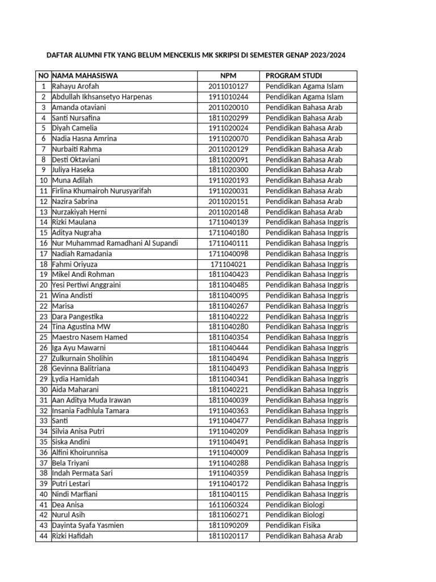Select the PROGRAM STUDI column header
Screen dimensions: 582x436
tap(294, 76)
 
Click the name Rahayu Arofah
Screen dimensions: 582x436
tap(76, 86)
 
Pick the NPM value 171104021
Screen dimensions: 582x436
tap(228, 264)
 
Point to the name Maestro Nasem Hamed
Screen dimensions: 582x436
tap(90, 337)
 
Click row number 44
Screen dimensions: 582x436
tap(43, 536)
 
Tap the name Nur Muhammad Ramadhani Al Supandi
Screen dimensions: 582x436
tap(115, 243)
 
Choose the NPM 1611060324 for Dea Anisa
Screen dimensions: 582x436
tap(228, 504)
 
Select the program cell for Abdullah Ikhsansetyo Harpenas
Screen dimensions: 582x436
tap(304, 97)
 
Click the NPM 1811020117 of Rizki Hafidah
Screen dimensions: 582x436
tap(228, 536)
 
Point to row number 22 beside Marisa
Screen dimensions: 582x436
tap(43, 306)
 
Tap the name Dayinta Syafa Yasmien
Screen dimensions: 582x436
tap(88, 525)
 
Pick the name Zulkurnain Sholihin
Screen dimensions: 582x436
tap(82, 358)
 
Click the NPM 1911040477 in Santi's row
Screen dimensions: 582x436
tap(228, 421)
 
